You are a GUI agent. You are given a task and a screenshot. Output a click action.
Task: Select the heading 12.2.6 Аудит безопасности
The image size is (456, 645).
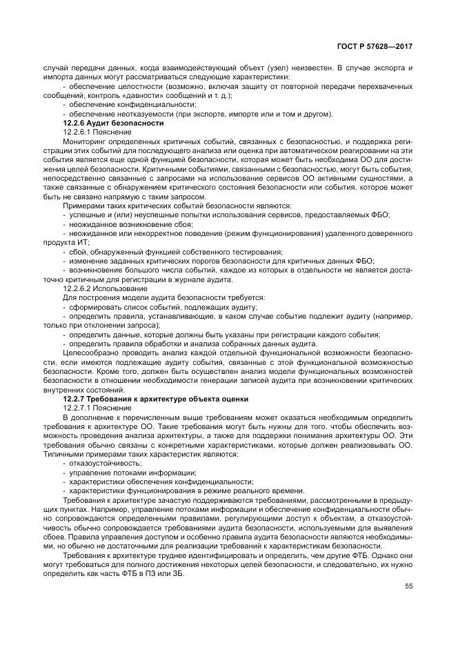point(113,122)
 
